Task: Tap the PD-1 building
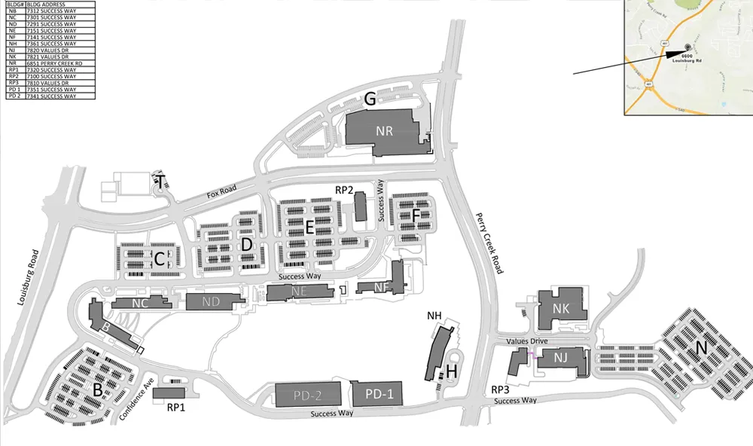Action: tap(374, 393)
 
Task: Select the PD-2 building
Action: tap(308, 394)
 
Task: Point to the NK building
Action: tap(561, 309)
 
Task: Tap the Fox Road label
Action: tap(223, 194)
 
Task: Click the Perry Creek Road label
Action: tap(487, 243)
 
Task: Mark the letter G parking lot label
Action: tap(370, 99)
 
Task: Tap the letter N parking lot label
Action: tap(701, 348)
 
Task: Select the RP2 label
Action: tap(344, 190)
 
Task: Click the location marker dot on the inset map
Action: tap(687, 46)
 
